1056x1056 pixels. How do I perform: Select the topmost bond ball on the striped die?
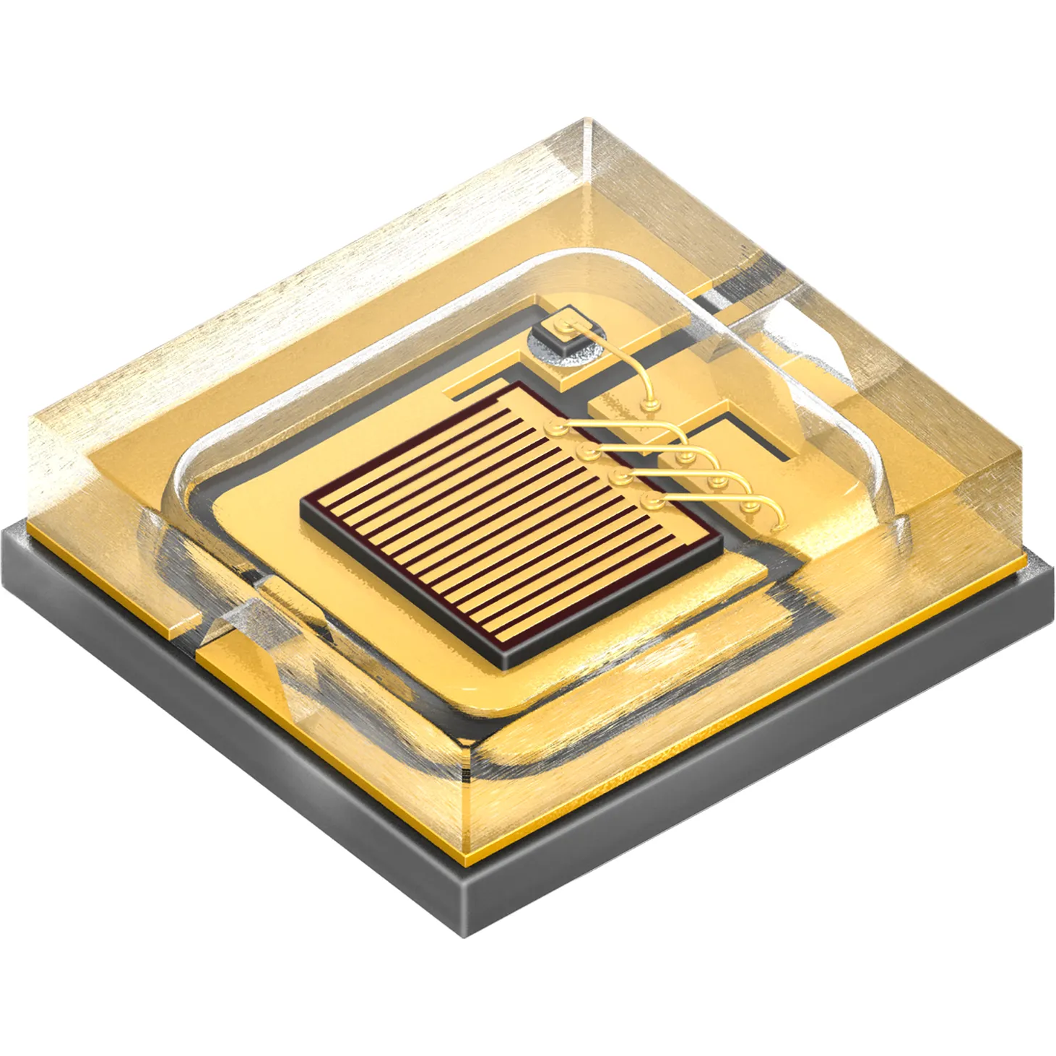[555, 428]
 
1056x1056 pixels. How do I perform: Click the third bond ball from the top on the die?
[618, 477]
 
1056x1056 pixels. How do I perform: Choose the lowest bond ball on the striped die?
[651, 501]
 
